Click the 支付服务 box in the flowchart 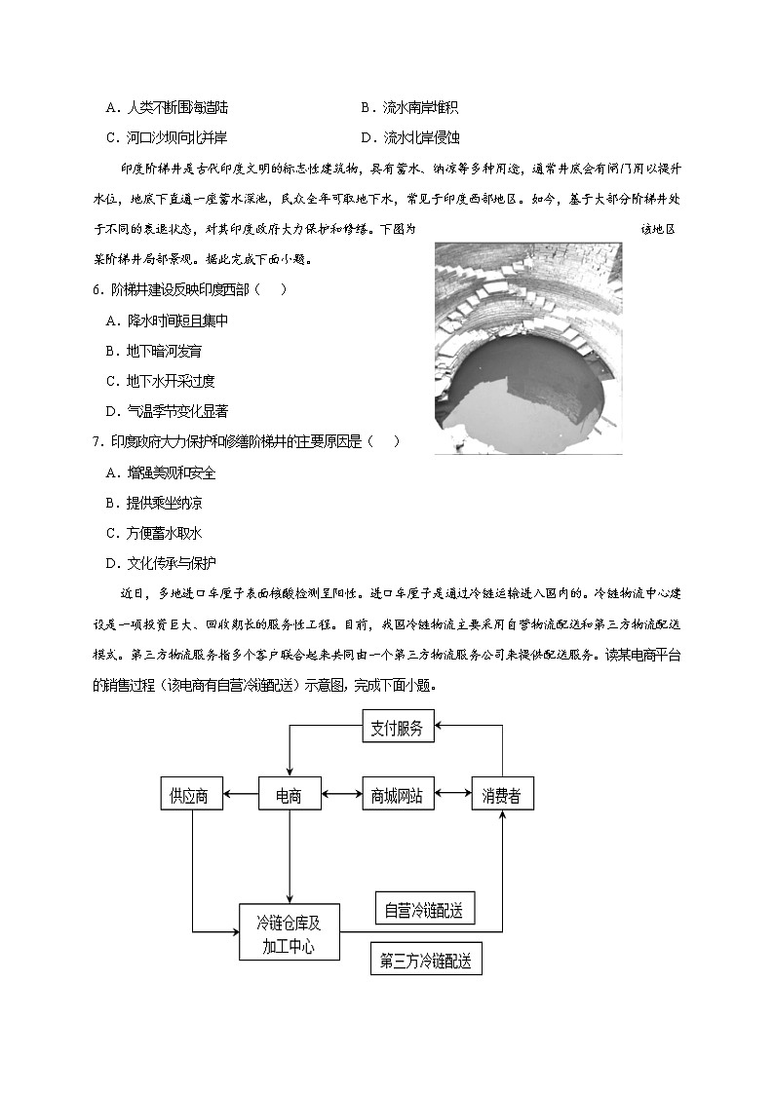pyautogui.click(x=397, y=728)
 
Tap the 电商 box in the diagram pyautogui.click(x=290, y=795)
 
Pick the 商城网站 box pyautogui.click(x=397, y=795)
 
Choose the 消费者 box pyautogui.click(x=502, y=795)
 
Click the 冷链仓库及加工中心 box pyautogui.click(x=289, y=932)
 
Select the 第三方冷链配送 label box pyautogui.click(x=426, y=961)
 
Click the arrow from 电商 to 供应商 pyautogui.click(x=240, y=795)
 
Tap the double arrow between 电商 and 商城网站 pyautogui.click(x=341, y=795)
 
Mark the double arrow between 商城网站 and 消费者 pyautogui.click(x=453, y=795)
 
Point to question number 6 pyautogui.click(x=97, y=289)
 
